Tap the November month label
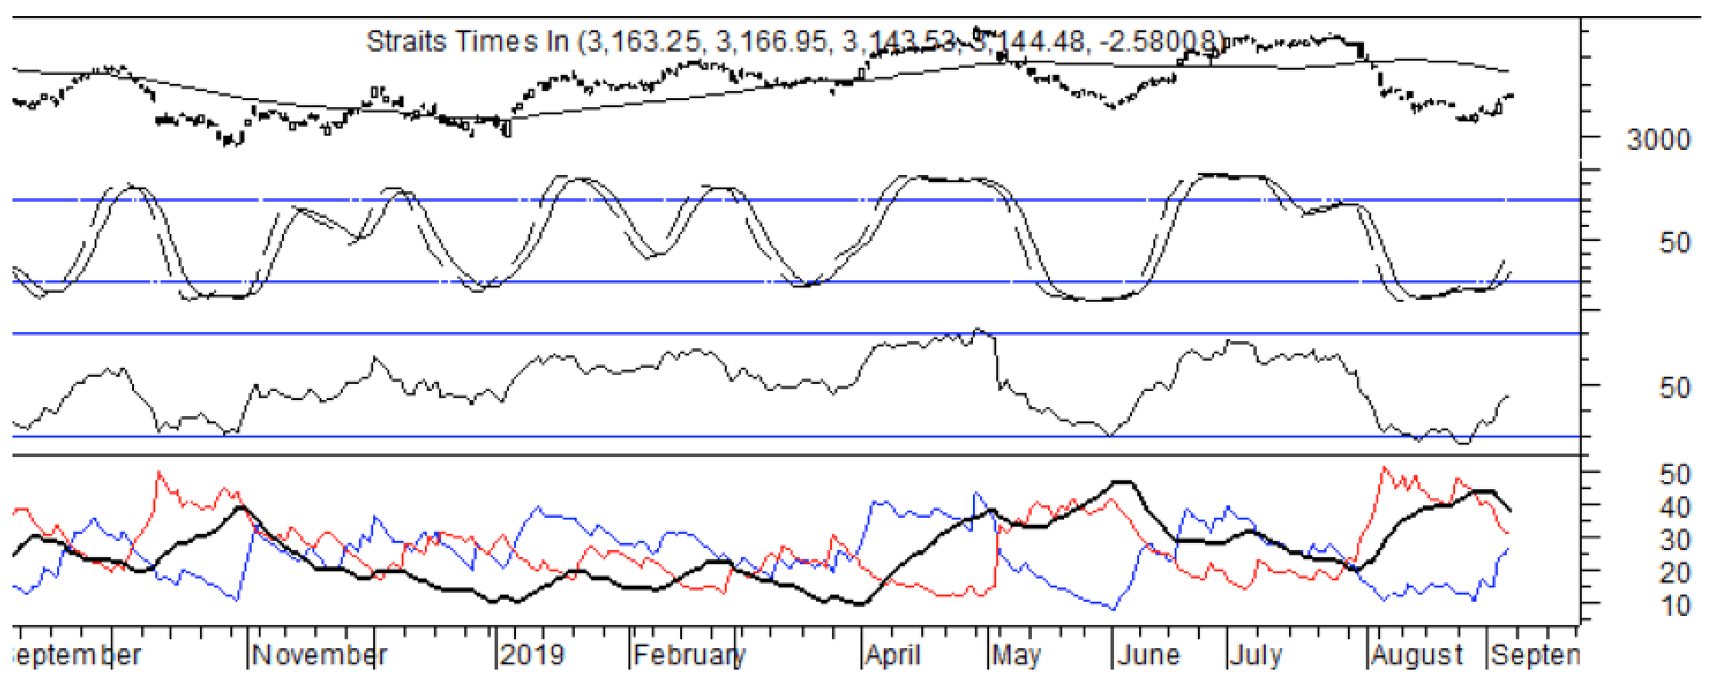(x=320, y=655)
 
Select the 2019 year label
(x=532, y=655)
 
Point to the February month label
(x=689, y=655)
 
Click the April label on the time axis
(x=893, y=655)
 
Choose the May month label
(x=1017, y=655)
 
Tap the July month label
(x=1257, y=655)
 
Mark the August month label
(x=1417, y=655)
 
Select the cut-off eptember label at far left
(x=79, y=655)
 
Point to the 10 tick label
(x=1675, y=606)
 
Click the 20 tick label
(x=1675, y=573)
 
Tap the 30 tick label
(x=1675, y=540)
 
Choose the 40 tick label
(x=1675, y=507)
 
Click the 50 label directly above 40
(x=1675, y=474)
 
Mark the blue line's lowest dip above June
(x=1113, y=609)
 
